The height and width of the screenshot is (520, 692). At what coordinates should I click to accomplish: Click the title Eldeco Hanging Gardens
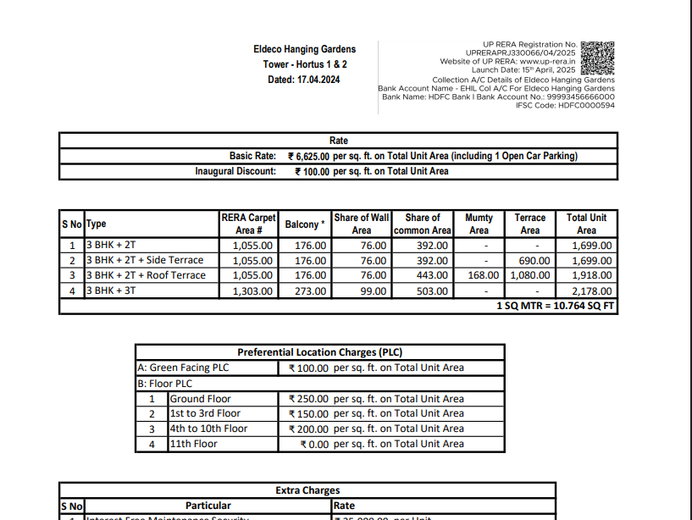pos(304,49)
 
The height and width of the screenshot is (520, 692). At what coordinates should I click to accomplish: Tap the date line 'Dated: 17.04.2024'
pos(304,80)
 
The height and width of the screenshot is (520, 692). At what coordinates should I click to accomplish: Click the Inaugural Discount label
pos(235,171)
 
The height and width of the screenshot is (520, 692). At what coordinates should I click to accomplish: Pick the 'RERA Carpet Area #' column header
pos(248,224)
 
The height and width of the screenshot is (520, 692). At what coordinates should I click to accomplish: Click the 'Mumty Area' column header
pos(479,224)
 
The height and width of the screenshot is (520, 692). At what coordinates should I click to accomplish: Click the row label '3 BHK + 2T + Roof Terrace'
pos(146,276)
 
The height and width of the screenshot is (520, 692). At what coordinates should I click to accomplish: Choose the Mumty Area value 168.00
pos(484,276)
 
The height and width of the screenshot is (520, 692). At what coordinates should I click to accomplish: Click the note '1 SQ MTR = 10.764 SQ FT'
pos(555,306)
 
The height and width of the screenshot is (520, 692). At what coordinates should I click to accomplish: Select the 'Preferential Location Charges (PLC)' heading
pos(319,352)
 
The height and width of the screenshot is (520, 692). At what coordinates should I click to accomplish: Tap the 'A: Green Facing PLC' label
pos(183,368)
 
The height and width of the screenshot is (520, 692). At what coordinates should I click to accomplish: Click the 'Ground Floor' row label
pos(201,399)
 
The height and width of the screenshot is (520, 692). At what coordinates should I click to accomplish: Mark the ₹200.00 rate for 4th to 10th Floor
pos(308,429)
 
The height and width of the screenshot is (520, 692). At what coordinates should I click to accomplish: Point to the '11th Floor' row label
pos(194,444)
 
